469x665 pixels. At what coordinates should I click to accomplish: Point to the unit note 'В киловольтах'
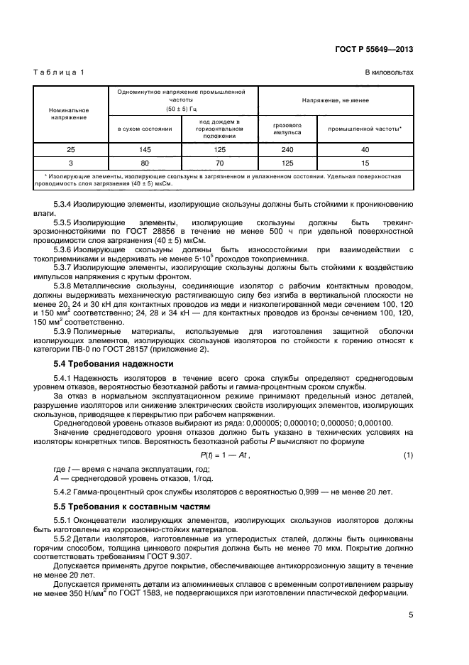coord(389,73)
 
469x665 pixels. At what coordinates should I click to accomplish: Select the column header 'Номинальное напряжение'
coord(68,114)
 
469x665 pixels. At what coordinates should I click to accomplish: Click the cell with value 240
coord(287,150)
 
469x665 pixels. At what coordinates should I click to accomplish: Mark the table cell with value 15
coord(365,162)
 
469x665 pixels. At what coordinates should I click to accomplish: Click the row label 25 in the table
coord(68,150)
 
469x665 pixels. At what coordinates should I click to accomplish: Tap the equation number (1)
coord(407,455)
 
